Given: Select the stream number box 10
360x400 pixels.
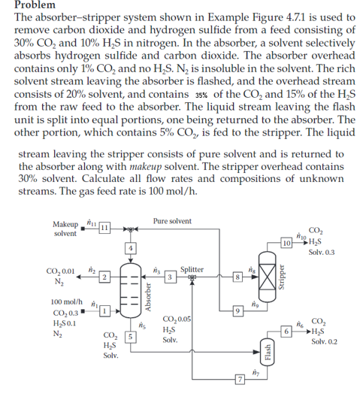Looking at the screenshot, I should point(286,243).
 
